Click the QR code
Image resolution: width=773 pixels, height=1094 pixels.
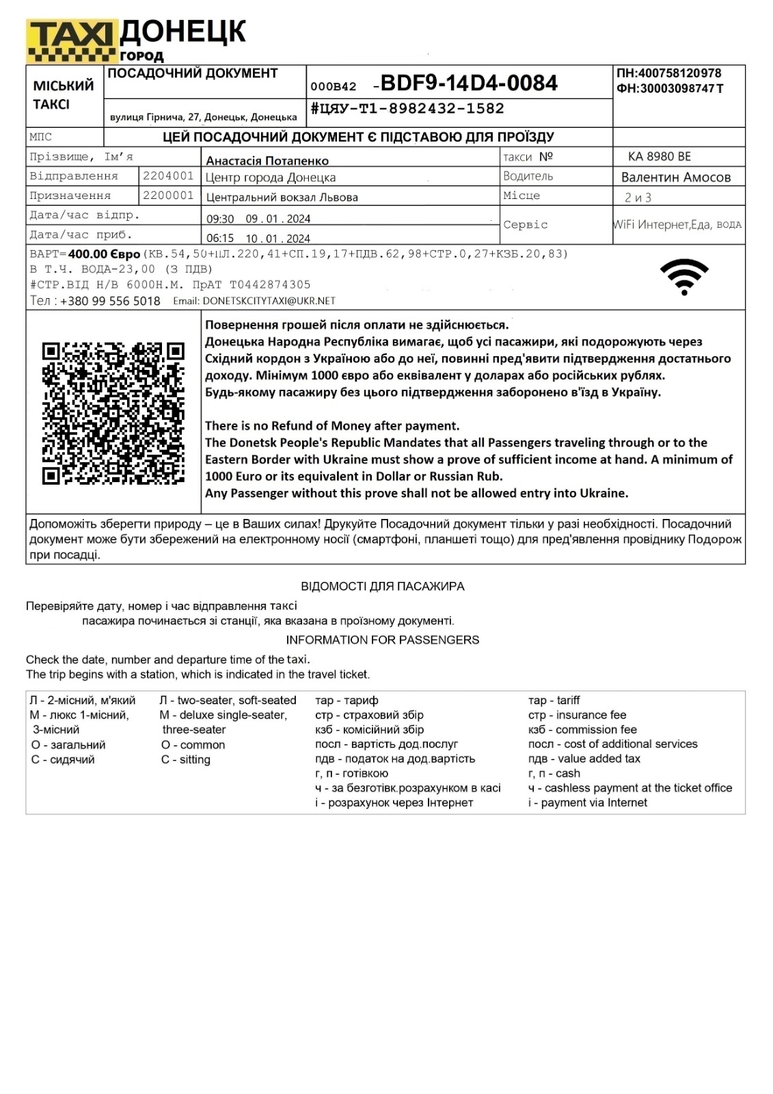tap(113, 413)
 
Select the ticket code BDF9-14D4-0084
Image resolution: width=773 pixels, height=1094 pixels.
tap(469, 83)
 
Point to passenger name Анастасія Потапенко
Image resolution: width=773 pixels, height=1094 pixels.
tap(267, 161)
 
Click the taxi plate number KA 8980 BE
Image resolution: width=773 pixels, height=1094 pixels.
tap(660, 157)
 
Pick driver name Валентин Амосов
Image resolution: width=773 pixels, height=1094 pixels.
tap(675, 177)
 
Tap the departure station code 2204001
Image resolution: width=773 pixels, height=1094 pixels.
tap(168, 176)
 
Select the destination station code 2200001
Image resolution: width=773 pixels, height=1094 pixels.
tap(168, 196)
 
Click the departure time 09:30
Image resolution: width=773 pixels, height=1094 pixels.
tap(220, 219)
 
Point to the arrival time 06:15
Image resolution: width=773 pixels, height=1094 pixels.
tap(220, 239)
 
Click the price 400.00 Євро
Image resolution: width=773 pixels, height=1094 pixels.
tap(104, 254)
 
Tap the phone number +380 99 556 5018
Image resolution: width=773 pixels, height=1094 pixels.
tap(110, 301)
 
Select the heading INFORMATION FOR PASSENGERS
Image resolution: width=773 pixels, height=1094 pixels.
tap(382, 640)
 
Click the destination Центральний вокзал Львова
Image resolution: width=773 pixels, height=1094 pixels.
tap(282, 198)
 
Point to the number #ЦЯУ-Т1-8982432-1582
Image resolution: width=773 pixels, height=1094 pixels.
tap(407, 109)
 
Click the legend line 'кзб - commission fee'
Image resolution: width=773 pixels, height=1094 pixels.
tap(582, 730)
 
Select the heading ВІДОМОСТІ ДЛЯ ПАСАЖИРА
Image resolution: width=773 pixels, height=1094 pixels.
tap(382, 586)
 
